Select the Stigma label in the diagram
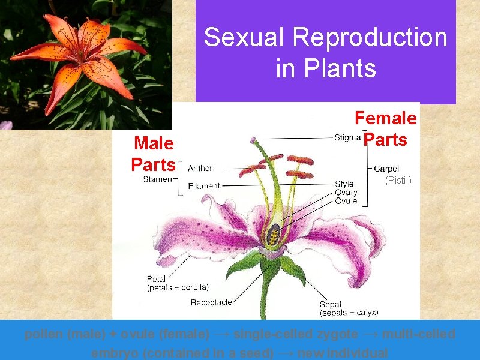347,137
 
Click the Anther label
200,169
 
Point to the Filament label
204,186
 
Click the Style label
344,184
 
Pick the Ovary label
346,193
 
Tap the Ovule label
346,201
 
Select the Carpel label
386,169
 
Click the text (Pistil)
398,179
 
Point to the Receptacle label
211,302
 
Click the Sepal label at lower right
331,304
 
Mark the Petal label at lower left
157,278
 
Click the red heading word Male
154,143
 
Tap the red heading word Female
385,118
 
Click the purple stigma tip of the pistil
253,139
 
